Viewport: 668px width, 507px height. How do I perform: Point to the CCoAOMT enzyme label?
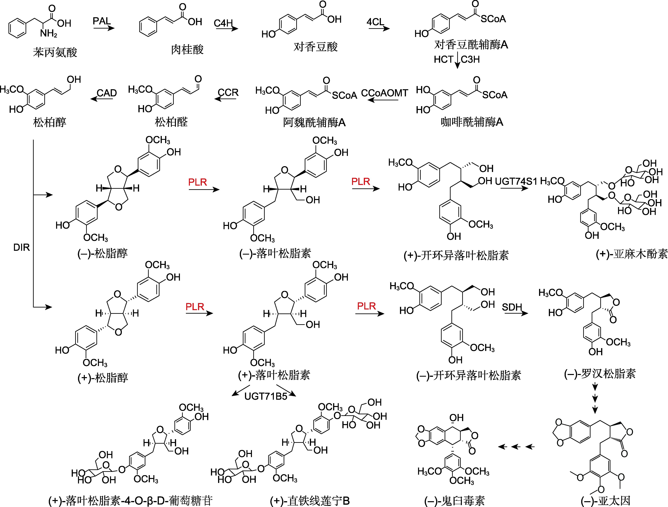pos(384,93)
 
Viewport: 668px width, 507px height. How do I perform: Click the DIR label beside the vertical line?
pos(21,247)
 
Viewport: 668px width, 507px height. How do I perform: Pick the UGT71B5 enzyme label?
pos(266,396)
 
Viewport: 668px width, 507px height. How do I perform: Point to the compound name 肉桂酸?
pos(187,49)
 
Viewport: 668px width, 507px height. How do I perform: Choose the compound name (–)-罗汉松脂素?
pos(600,374)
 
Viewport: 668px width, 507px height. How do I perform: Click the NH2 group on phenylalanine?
pos(49,33)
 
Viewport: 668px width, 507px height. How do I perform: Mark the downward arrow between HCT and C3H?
pos(457,60)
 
